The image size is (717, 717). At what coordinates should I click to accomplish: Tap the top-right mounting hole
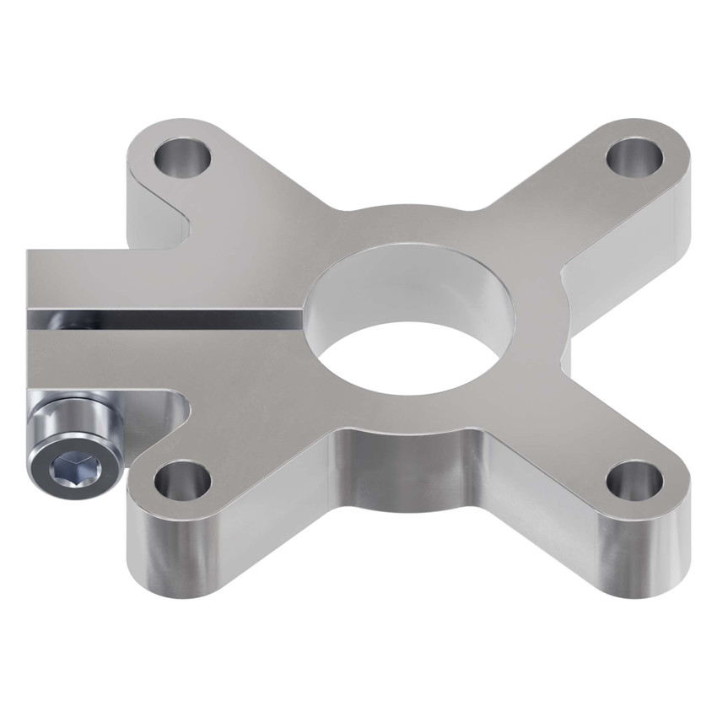click(x=636, y=154)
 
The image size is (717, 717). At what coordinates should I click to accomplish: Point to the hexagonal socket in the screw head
click(x=67, y=466)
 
